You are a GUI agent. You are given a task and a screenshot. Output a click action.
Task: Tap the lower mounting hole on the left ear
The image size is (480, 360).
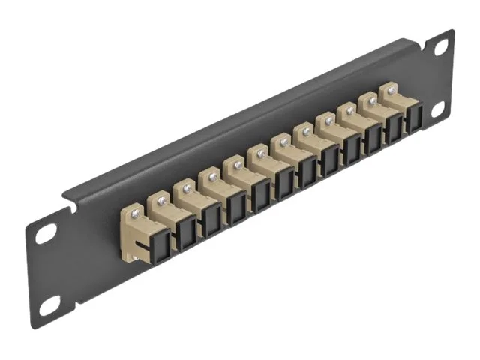49,304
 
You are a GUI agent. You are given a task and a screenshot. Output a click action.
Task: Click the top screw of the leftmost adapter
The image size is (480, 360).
135,214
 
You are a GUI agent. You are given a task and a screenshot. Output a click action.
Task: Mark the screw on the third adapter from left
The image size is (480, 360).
187,189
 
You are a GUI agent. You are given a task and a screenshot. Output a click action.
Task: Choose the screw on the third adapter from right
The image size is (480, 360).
349,111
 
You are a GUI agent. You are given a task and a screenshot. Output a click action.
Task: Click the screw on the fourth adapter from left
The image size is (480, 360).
212,177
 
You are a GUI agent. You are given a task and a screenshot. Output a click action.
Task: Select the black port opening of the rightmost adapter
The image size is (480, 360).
412,118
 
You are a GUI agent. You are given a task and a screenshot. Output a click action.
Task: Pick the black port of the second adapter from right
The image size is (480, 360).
393,128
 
